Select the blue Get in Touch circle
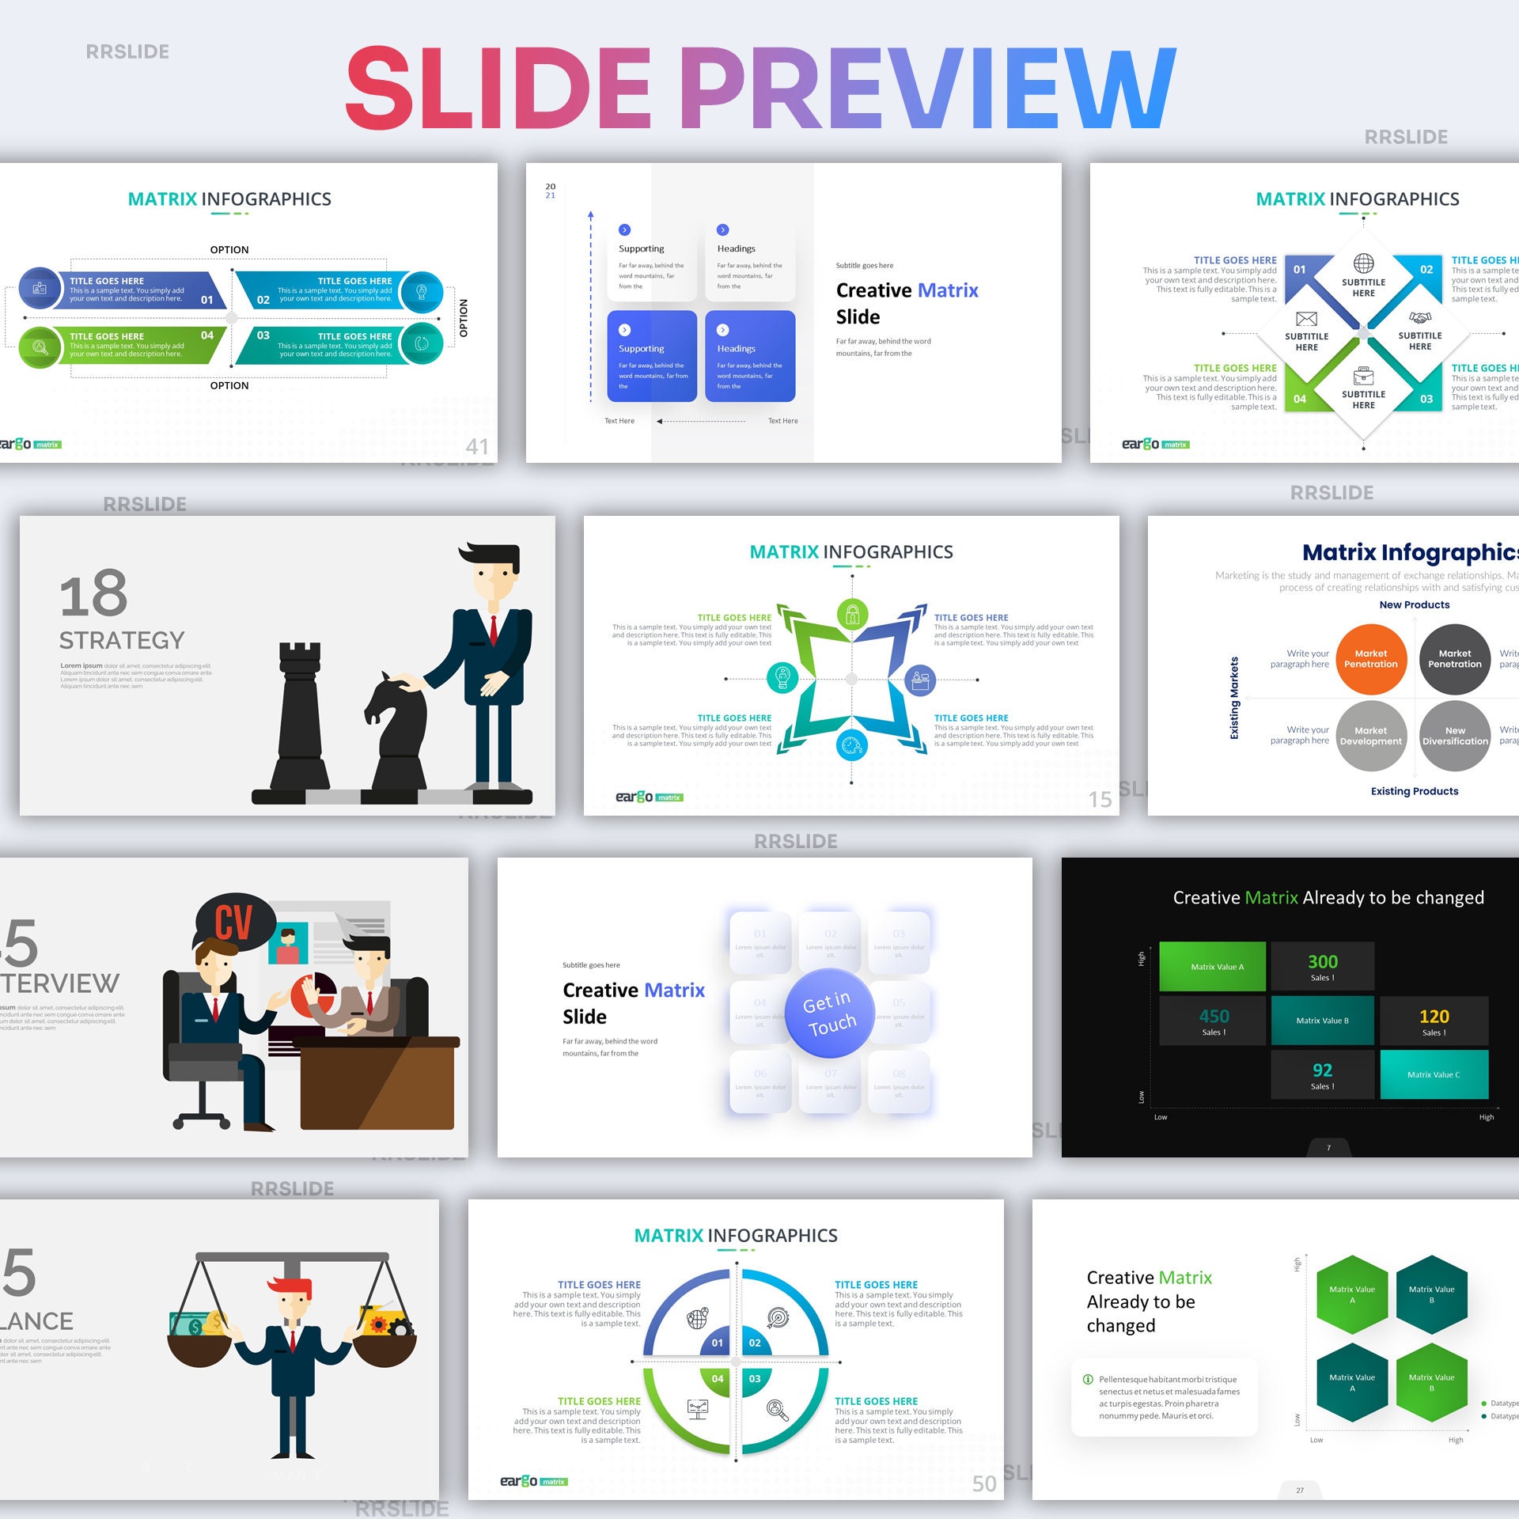(829, 1013)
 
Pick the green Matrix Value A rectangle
(1212, 966)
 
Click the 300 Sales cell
(1322, 966)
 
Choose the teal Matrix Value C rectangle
(1434, 1074)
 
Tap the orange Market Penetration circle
(1370, 659)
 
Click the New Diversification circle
(1455, 736)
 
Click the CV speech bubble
(234, 922)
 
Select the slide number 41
(477, 446)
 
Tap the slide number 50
(984, 1483)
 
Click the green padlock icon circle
(852, 614)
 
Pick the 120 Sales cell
(1434, 1021)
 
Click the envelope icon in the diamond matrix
(1306, 319)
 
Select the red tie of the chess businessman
(493, 630)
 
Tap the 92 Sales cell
(1322, 1074)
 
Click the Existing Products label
(1414, 791)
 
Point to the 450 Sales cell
(1213, 1021)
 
